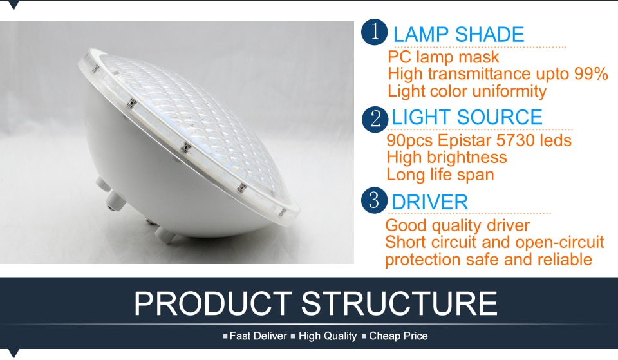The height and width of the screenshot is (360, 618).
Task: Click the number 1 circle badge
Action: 374,32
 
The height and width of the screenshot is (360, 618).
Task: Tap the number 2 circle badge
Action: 375,119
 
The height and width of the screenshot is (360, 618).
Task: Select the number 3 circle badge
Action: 374,200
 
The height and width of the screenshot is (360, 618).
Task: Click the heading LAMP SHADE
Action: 458,35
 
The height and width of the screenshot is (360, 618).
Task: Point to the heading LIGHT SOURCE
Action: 467,117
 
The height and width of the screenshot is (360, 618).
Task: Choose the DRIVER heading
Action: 429,202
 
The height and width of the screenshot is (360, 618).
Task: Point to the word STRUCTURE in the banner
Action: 399,303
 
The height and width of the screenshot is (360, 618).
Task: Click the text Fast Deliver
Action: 258,336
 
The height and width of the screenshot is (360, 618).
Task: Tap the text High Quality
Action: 328,336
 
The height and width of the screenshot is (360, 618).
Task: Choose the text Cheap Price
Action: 398,336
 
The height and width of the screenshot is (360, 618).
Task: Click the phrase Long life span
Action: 440,175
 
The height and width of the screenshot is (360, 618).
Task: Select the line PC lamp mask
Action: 444,57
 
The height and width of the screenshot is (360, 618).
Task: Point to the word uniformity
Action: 509,91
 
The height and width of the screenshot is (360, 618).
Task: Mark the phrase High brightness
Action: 447,158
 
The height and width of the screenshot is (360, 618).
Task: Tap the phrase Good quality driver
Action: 458,226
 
